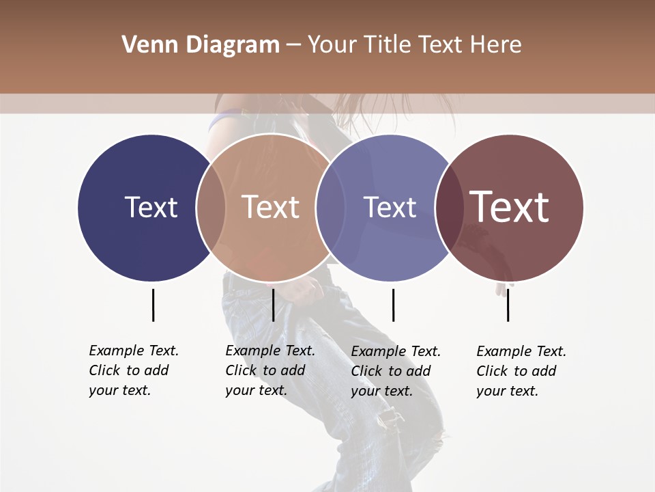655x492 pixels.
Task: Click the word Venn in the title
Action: pos(144,45)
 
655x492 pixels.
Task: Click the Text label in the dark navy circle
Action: pos(151,207)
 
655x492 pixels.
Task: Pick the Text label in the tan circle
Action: pos(270,207)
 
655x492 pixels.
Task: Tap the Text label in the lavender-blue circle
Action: pos(390,207)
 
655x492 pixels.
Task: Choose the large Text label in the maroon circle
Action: pos(510,207)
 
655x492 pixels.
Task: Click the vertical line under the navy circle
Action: pos(153,305)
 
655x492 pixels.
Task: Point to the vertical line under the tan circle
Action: pos(273,305)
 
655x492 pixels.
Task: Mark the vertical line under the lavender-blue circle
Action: pos(393,305)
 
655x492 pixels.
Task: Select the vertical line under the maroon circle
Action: pos(508,305)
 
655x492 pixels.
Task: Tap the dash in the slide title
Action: pos(293,45)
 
